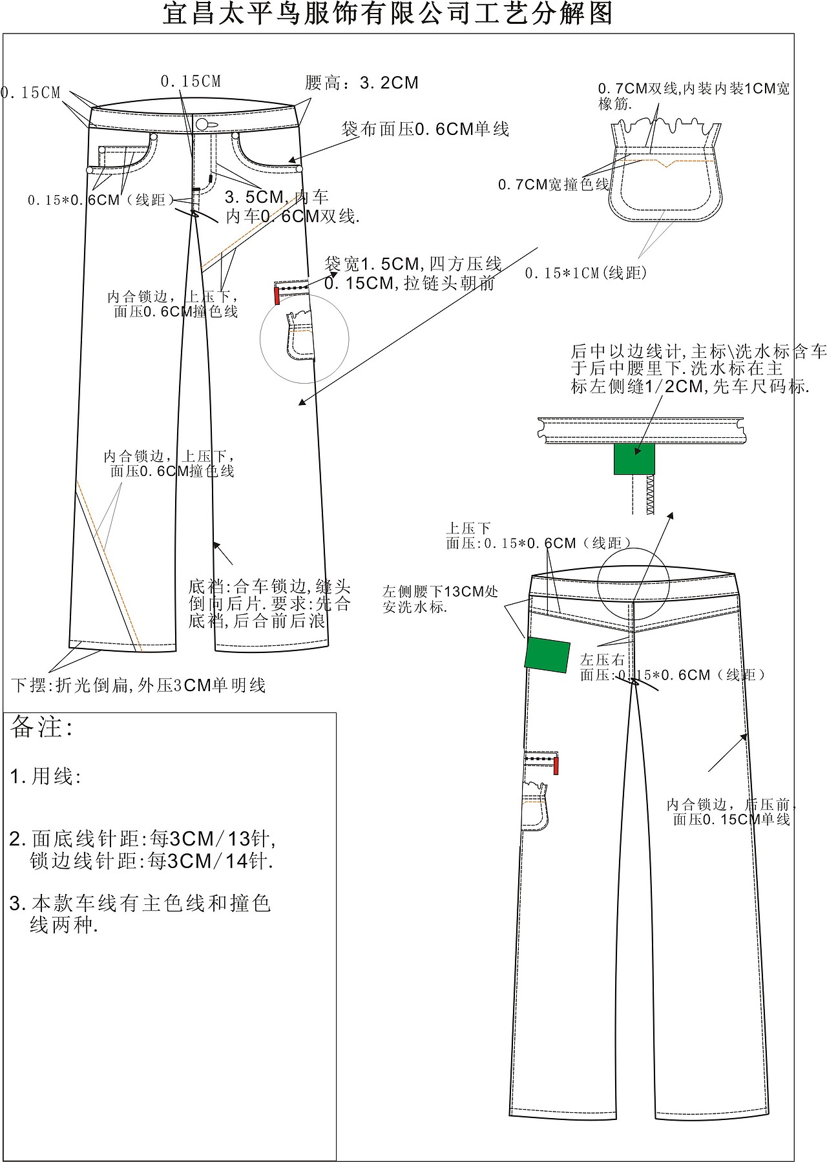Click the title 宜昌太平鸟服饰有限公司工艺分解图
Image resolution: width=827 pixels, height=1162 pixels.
(388, 14)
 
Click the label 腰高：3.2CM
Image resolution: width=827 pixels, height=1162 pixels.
(362, 83)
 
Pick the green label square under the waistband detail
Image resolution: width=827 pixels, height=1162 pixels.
(634, 458)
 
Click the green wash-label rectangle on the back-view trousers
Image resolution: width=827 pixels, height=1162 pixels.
(547, 654)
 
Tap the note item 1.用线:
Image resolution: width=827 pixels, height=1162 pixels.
(45, 776)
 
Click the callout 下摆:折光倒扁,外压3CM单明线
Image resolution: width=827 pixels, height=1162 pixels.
(139, 685)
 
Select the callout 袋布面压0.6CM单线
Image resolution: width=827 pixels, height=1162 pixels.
(425, 129)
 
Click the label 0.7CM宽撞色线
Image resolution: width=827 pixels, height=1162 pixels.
(553, 185)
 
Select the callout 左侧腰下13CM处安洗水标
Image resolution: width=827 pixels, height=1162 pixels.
(440, 599)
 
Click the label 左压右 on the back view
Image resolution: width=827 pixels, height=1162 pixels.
(602, 659)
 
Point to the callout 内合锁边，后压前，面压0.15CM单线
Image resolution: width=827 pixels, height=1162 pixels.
(731, 812)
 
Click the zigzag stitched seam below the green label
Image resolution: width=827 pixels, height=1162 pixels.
(650, 495)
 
